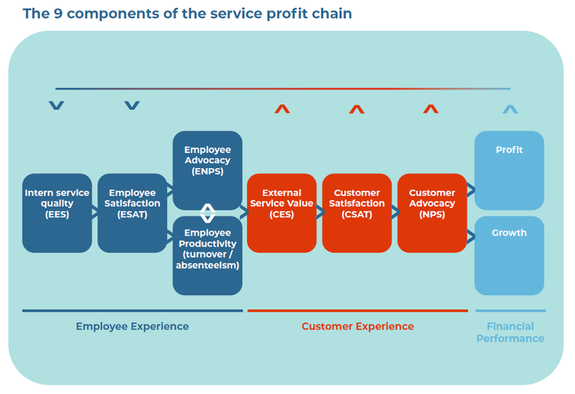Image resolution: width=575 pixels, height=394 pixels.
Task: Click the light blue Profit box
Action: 509,170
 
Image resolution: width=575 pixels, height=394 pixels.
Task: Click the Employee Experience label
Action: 133,327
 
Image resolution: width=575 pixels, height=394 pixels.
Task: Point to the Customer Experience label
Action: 358,327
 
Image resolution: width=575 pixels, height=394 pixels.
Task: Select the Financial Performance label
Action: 510,332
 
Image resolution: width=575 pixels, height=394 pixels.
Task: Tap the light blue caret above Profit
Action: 510,109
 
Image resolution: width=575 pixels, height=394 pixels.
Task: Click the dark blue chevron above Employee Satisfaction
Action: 133,105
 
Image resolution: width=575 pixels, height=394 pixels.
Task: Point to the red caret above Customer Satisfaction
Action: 357,109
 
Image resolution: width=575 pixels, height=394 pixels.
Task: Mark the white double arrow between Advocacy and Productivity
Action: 208,213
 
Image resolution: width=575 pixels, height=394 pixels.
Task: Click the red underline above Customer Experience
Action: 358,311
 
